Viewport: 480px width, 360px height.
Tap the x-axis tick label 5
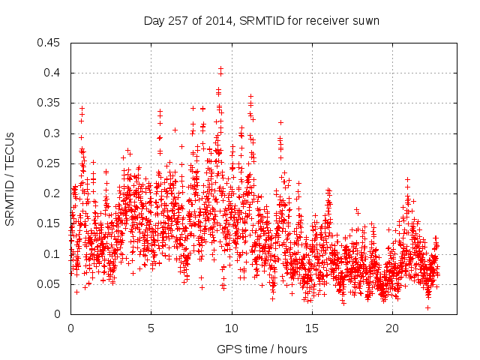(151, 328)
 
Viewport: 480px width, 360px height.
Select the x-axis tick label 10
(231, 328)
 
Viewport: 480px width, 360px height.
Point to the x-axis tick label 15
(311, 328)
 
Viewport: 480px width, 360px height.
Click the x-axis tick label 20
(392, 328)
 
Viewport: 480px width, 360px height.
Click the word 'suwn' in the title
(367, 21)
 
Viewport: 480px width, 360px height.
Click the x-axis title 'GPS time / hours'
(262, 349)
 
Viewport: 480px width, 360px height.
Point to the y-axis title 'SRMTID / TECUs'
(10, 178)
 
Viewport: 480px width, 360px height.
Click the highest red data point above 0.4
(220, 68)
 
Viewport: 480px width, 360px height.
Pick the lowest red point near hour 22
(427, 307)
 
